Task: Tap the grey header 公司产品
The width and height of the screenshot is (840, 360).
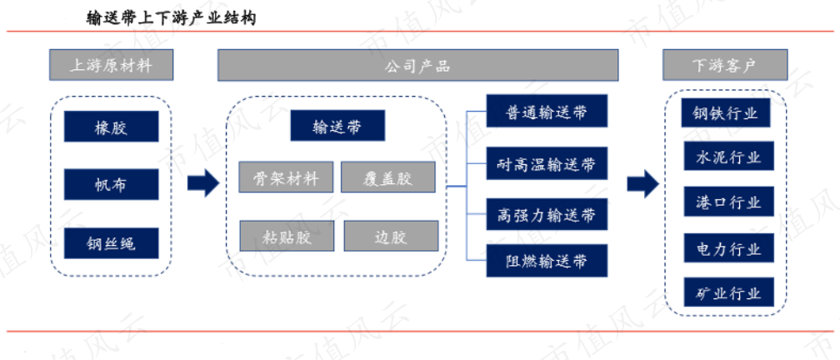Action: pyautogui.click(x=417, y=66)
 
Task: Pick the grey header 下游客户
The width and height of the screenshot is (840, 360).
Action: pyautogui.click(x=723, y=66)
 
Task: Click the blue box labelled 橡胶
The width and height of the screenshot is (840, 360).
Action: pyautogui.click(x=111, y=127)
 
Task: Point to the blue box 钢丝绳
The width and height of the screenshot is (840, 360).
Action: pyautogui.click(x=111, y=242)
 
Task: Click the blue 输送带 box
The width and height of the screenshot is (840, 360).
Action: pyautogui.click(x=337, y=127)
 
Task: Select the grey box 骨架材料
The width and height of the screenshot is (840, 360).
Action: pyautogui.click(x=286, y=177)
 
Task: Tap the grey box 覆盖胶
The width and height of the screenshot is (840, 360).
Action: pyautogui.click(x=388, y=177)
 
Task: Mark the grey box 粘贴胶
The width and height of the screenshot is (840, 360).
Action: pyautogui.click(x=286, y=236)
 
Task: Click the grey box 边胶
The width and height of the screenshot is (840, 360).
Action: pyautogui.click(x=390, y=236)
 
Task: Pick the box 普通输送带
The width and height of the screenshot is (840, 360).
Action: pyautogui.click(x=547, y=112)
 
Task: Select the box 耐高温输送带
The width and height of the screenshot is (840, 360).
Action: pyautogui.click(x=547, y=163)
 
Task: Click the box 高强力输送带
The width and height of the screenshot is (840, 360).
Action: pyautogui.click(x=547, y=214)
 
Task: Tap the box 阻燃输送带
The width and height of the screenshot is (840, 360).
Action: pyautogui.click(x=547, y=262)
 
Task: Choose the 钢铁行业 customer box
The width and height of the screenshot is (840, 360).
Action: pyautogui.click(x=725, y=112)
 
